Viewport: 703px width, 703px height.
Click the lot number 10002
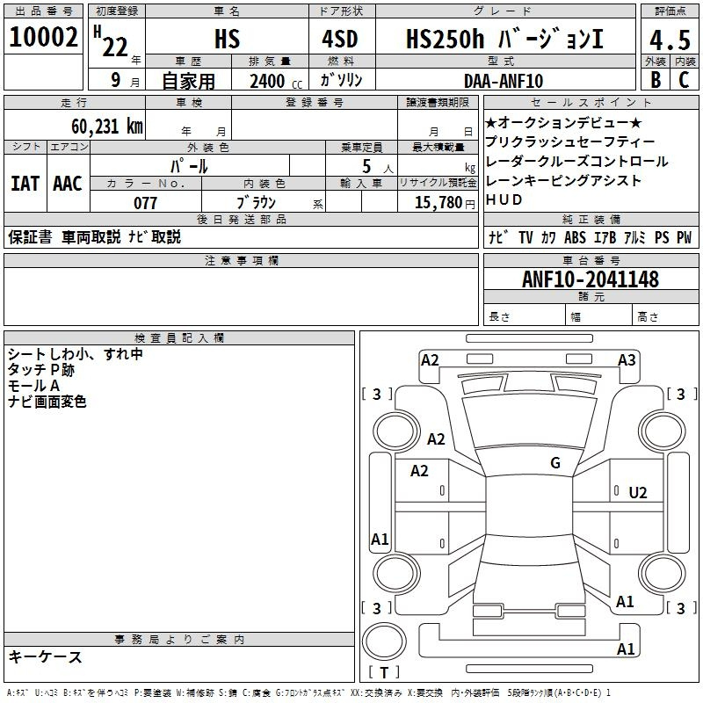pos(43,37)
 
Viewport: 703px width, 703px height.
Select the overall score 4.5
pos(670,40)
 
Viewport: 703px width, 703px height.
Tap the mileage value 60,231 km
pos(107,127)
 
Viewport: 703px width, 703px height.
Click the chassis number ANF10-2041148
pos(591,279)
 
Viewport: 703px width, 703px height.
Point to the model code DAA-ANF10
pos(504,81)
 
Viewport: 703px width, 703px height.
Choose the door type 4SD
pos(340,39)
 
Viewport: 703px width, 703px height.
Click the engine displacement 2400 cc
pos(276,81)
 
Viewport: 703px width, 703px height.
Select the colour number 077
pos(145,203)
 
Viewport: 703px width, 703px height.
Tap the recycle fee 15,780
pos(438,203)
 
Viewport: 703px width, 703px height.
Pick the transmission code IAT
pos(25,184)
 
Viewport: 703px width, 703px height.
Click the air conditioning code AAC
pos(68,184)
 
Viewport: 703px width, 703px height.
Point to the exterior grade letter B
pos(656,80)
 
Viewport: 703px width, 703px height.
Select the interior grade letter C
pos(684,80)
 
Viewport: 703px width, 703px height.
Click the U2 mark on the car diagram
pos(638,493)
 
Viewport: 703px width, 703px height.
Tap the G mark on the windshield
pos(555,462)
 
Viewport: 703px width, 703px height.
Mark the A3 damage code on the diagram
pos(627,360)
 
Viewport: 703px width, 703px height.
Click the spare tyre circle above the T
pos(384,641)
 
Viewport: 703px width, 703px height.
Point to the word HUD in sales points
pos(504,200)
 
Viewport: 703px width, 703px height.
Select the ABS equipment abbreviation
pos(575,237)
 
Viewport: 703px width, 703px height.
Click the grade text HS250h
pos(445,39)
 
